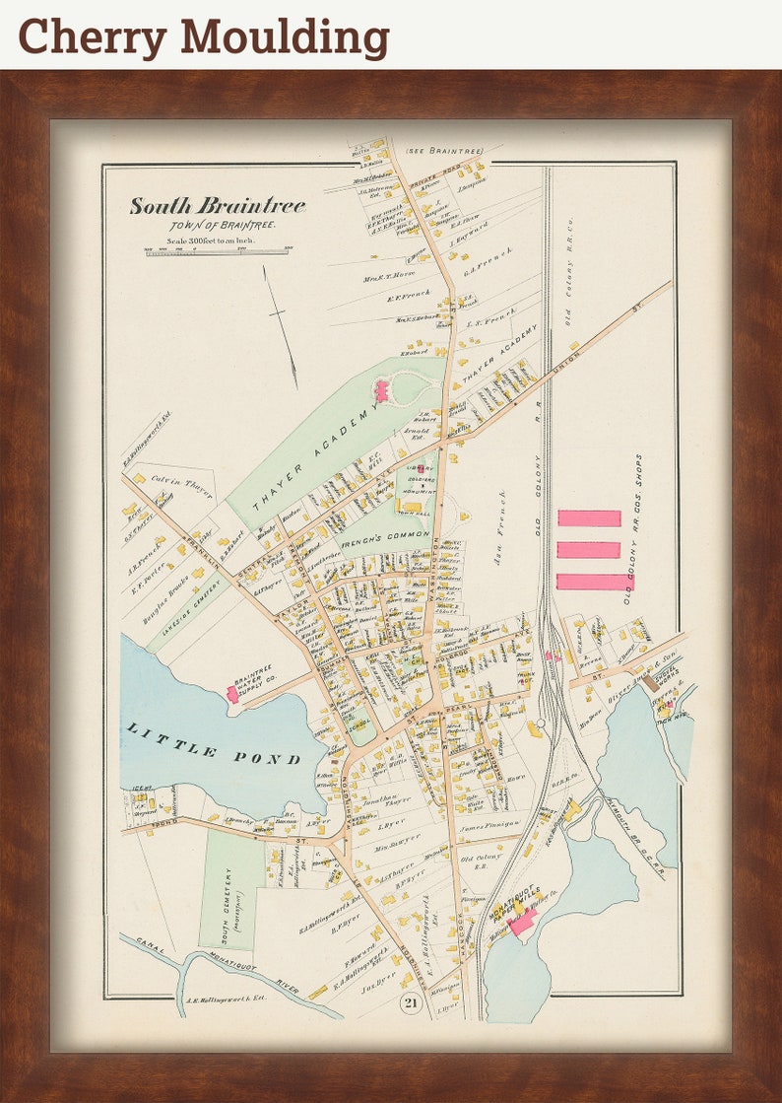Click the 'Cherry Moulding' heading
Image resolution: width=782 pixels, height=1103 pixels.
point(204,36)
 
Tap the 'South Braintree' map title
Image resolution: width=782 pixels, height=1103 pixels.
point(218,206)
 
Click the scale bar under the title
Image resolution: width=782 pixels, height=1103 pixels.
point(218,250)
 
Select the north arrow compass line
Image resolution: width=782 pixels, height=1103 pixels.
point(281,326)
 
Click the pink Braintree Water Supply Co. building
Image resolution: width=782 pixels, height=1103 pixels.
point(233,693)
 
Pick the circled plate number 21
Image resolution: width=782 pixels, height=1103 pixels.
point(410,1003)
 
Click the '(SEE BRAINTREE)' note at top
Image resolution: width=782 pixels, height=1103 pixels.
point(445,151)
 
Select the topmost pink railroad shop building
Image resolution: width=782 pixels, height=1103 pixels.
point(589,517)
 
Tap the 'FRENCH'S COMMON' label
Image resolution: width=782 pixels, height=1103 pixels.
point(385,537)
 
